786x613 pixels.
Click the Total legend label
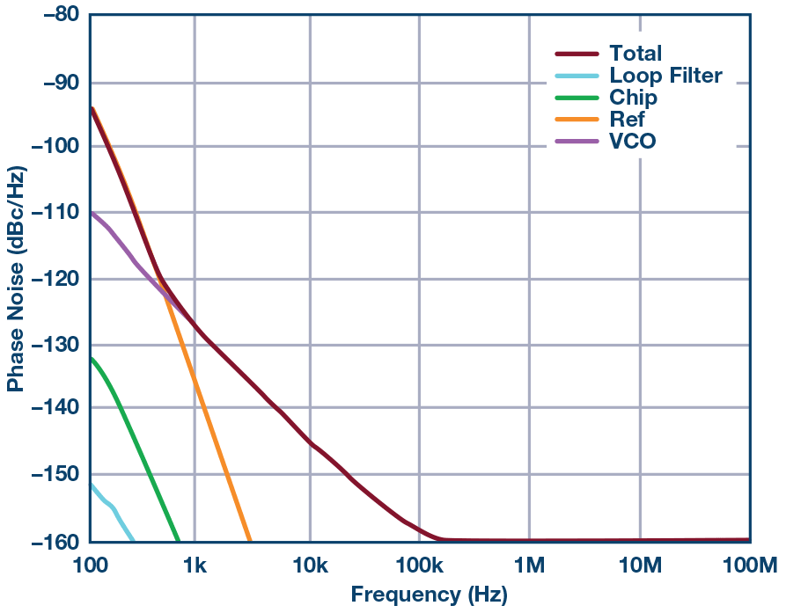(635, 54)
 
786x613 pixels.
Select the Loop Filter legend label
(665, 76)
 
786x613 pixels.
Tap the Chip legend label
(633, 98)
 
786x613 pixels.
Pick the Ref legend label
(627, 120)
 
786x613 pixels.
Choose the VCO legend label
(633, 142)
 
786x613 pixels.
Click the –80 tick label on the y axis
(55, 15)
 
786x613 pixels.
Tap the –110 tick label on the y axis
(50, 212)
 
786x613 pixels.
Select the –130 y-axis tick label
(50, 344)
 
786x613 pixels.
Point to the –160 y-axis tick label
(50, 542)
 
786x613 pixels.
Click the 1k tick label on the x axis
(195, 564)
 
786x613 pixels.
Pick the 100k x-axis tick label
(418, 564)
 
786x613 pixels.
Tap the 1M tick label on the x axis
(529, 564)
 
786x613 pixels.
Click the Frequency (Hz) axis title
(429, 595)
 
